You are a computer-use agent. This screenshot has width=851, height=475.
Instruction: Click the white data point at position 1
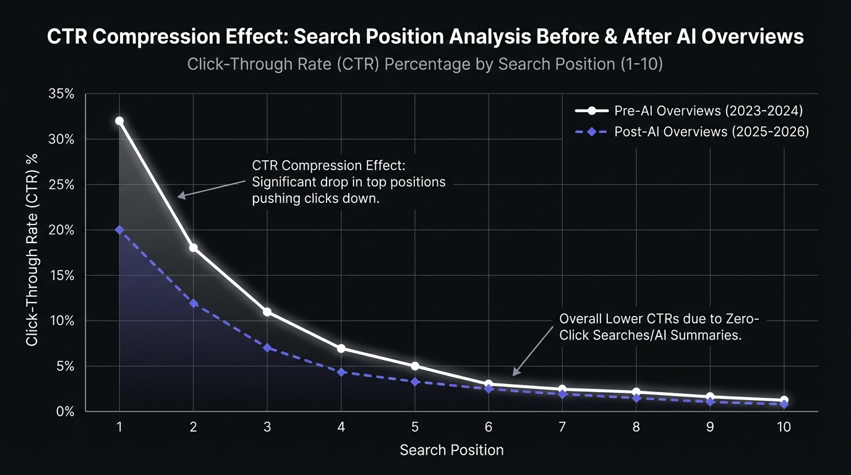119,121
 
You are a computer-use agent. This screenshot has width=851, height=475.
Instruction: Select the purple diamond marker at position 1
119,230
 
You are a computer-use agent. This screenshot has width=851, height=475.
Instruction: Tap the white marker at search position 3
267,312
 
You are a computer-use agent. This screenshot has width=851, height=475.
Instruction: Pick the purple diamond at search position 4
341,372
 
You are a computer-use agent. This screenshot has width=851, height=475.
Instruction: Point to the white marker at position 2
194,247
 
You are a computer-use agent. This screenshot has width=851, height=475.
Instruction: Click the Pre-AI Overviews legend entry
690,111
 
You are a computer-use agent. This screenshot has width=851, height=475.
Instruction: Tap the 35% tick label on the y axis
61,94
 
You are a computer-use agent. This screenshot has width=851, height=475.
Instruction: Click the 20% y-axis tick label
61,230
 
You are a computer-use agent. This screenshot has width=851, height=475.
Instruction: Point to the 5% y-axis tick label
64,366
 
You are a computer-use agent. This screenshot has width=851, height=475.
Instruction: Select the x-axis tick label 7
562,427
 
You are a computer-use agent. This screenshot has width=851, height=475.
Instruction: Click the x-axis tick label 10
784,427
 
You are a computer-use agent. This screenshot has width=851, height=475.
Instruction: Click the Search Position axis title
451,450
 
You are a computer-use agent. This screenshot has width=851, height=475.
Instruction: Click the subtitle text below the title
425,64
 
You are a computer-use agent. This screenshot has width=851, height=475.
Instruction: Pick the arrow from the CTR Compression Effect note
210,189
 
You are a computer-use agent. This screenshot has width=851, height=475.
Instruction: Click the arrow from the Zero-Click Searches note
533,351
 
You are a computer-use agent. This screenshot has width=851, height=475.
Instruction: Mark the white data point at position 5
415,366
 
